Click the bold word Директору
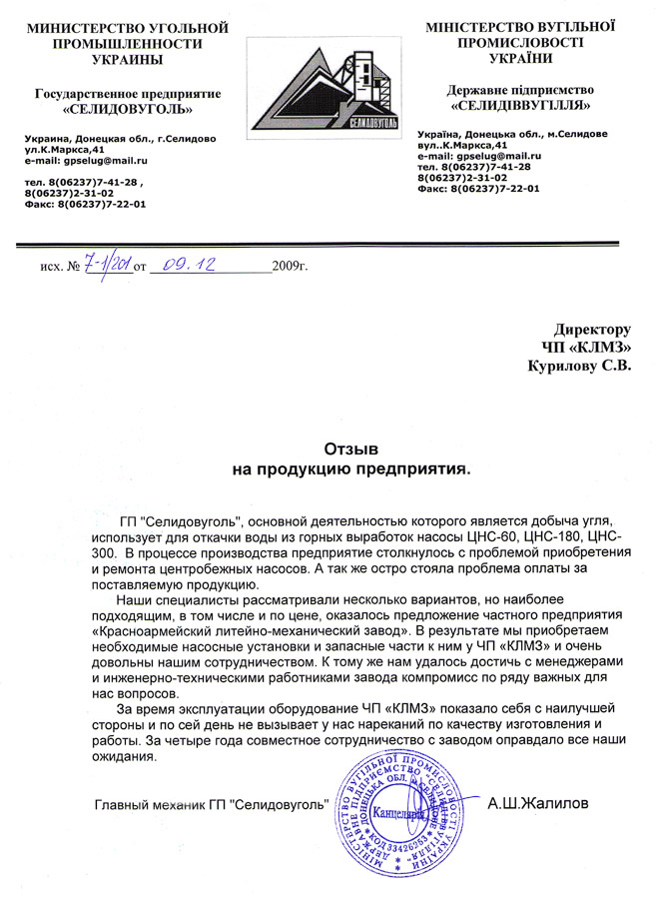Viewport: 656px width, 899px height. [x=594, y=329]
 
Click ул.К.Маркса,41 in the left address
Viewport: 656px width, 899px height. [x=63, y=149]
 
